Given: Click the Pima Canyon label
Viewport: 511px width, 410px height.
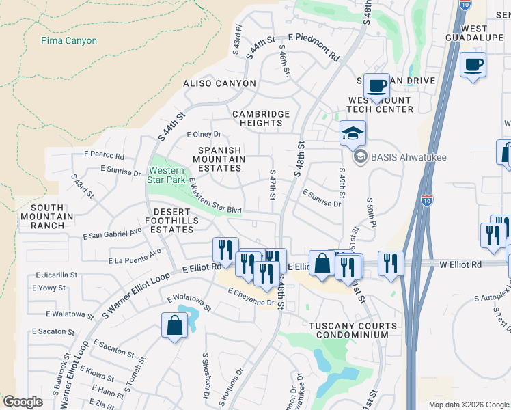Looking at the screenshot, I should [69, 40].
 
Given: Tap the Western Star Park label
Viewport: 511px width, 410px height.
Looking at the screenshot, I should [166, 175].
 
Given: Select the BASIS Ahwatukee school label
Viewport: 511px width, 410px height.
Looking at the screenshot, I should [408, 157].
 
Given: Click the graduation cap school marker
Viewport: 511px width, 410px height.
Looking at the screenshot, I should [353, 133].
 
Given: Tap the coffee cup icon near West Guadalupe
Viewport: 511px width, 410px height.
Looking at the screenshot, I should [473, 65].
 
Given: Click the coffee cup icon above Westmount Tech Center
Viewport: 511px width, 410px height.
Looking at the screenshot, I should [376, 85].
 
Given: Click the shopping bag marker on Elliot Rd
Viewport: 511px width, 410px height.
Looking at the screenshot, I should [321, 263].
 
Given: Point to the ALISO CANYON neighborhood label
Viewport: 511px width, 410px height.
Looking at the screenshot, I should [219, 83].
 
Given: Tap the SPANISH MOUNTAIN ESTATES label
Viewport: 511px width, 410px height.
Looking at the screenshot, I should [220, 159].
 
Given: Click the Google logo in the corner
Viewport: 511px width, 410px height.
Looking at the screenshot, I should [23, 402].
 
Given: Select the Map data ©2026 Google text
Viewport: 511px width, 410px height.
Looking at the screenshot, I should [468, 405].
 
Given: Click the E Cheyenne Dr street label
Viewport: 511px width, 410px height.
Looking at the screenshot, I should [251, 297].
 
